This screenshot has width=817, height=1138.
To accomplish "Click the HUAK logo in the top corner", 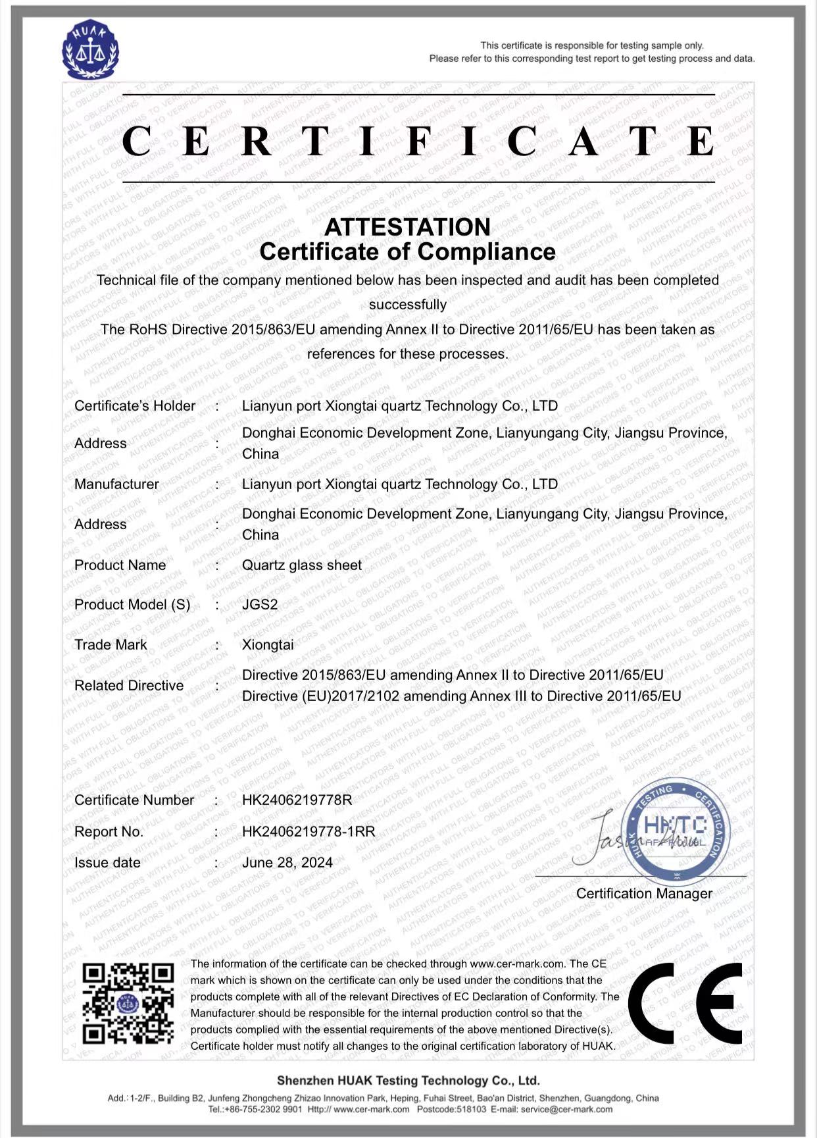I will (90, 50).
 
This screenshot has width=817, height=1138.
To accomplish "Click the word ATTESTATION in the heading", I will (407, 227).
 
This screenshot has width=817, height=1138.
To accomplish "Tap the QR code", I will (128, 1003).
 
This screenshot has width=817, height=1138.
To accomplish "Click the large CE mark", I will (685, 1003).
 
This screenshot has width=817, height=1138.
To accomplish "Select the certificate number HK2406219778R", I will (297, 800).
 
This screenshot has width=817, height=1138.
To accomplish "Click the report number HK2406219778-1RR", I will (309, 831).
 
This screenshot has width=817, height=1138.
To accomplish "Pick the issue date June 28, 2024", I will (287, 862).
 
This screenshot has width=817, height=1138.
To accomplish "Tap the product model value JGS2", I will (260, 604).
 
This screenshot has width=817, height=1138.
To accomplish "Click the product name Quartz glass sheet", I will (301, 565).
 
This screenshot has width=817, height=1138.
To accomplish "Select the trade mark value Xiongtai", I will (268, 644).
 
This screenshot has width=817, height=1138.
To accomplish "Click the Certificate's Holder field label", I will (135, 405).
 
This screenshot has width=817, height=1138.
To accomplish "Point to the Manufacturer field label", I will (116, 484).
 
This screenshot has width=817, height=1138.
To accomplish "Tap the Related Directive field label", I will (129, 685).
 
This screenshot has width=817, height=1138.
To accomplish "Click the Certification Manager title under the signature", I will (644, 893).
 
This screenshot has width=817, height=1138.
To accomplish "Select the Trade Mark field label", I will (111, 644).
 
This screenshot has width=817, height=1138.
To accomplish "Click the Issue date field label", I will (107, 862).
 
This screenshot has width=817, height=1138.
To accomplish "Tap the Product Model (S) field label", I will (132, 604).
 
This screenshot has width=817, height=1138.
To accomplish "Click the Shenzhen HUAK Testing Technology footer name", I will (408, 1080).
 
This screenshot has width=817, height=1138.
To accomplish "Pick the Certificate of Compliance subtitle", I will (407, 251).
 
